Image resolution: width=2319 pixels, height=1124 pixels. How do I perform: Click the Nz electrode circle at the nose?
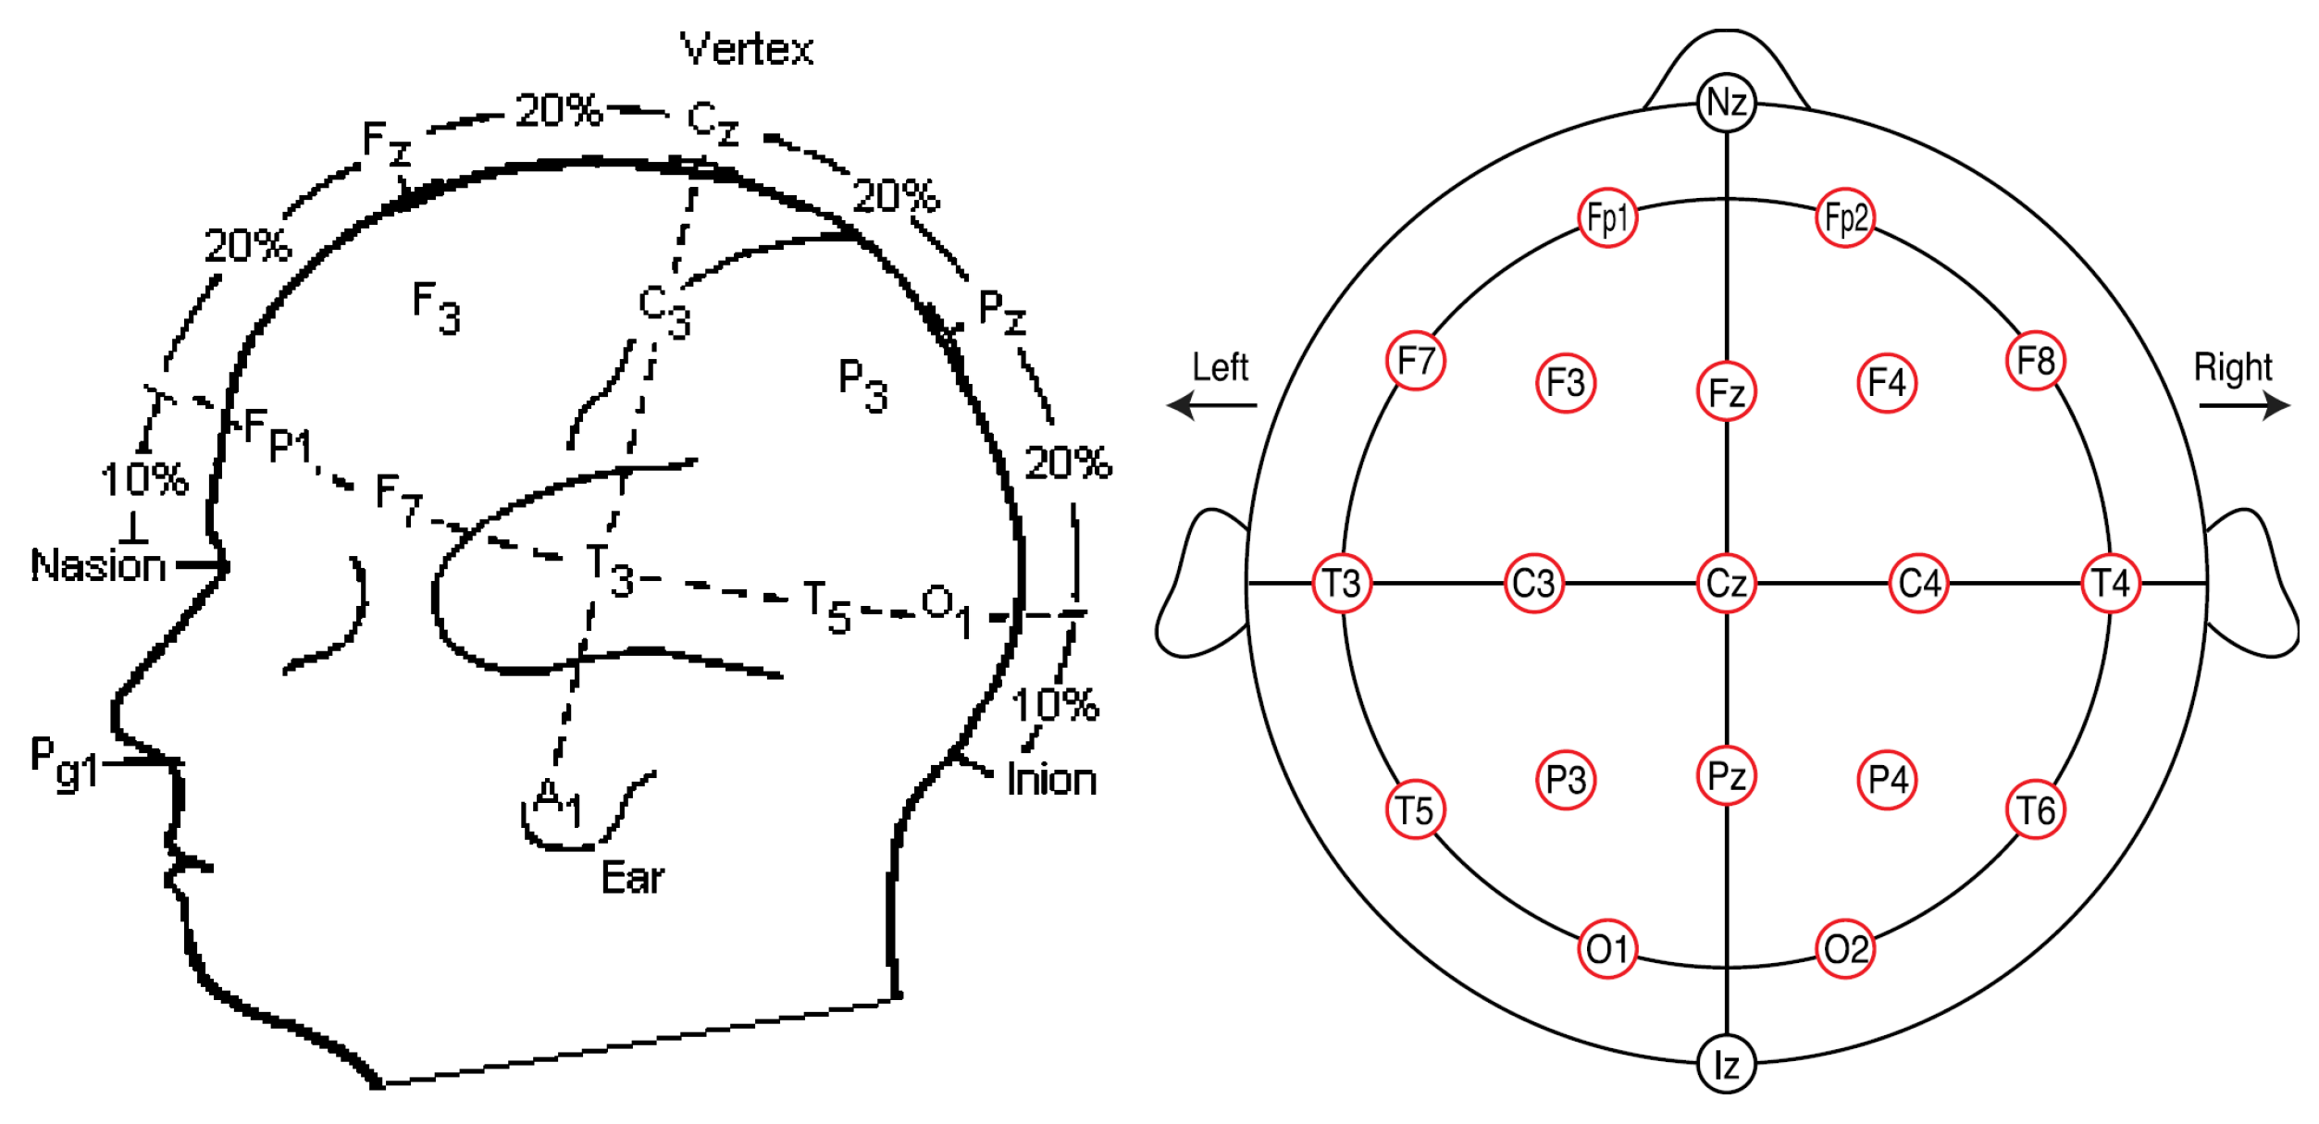coord(1726,102)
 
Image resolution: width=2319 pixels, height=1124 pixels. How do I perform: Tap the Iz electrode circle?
coord(1726,1065)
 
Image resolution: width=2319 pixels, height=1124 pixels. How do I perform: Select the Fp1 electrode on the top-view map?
coord(1607,218)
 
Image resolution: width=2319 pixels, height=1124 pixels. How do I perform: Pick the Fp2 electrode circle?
coord(1845,218)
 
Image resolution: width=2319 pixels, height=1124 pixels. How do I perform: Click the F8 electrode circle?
coord(2036,361)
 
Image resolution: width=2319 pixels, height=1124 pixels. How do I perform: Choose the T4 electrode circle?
coord(2111,584)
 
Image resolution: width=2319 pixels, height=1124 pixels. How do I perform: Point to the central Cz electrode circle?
coord(1726,584)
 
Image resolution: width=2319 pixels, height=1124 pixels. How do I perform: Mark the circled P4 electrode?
coord(1887,779)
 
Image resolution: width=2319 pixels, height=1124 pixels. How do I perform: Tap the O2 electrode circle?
coord(1845,949)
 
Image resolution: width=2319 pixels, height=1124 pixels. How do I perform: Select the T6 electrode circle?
coord(2036,810)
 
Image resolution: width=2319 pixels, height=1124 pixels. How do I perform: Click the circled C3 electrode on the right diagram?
coord(1533,584)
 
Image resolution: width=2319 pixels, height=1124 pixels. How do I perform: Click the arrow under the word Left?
coord(1212,405)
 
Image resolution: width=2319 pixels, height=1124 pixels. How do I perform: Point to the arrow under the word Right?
coord(2244,405)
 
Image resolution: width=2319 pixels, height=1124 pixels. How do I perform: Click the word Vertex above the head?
coord(747,49)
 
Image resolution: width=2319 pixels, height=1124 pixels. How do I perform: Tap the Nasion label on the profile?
coord(98,565)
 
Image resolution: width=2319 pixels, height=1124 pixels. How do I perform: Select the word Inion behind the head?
coord(1051,780)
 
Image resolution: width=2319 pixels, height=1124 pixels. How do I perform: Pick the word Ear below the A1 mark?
coord(632,878)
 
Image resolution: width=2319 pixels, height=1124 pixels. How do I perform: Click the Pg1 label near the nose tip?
coord(63,763)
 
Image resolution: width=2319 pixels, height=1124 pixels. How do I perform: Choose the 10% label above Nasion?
coord(144,479)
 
